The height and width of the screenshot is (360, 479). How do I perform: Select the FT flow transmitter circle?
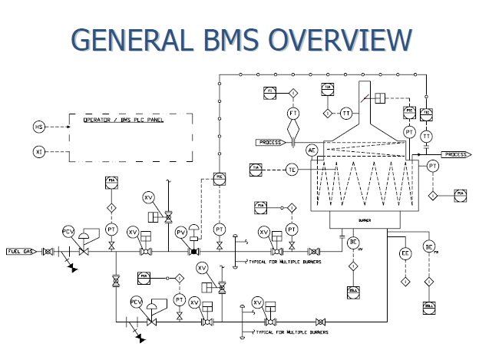click(x=292, y=113)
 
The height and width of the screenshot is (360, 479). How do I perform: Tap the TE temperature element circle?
click(x=292, y=169)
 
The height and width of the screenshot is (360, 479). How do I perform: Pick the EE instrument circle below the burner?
click(x=405, y=254)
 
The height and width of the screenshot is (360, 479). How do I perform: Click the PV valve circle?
click(x=182, y=231)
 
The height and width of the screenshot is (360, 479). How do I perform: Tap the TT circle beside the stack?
click(x=347, y=114)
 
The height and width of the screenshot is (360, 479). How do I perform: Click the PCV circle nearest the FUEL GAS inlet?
click(x=68, y=231)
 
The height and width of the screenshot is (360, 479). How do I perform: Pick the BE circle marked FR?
click(x=429, y=246)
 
